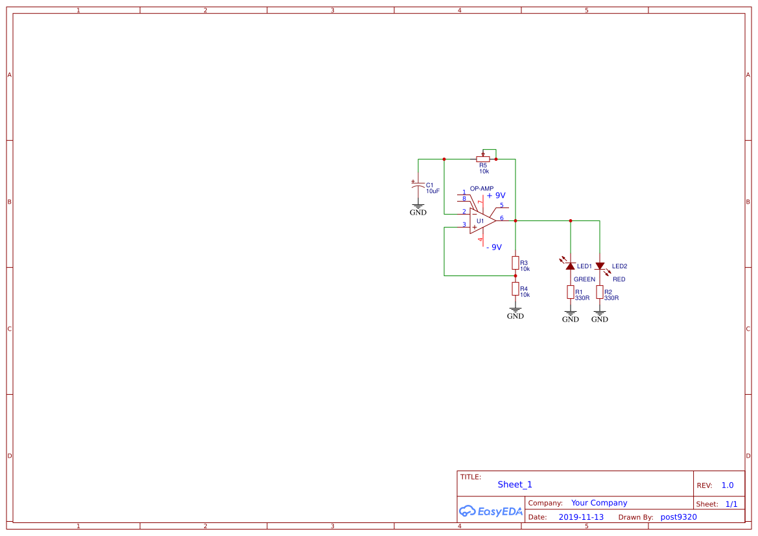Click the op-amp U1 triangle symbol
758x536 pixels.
click(481, 220)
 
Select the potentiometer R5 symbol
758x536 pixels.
click(483, 159)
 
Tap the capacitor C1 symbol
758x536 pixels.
click(418, 186)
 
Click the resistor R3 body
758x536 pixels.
click(515, 262)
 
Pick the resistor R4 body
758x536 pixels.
click(515, 288)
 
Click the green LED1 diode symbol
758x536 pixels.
click(571, 266)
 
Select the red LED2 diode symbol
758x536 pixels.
click(600, 266)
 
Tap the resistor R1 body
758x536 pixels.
click(571, 292)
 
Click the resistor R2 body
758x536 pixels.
click(600, 292)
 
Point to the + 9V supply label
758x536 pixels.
click(496, 195)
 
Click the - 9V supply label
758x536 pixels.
click(494, 247)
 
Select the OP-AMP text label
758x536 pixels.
click(482, 189)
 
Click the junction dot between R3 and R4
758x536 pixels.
click(515, 275)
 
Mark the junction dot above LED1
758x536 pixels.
click(571, 220)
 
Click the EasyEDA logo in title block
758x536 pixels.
click(490, 511)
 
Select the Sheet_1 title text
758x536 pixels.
click(515, 484)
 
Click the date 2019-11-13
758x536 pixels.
click(581, 517)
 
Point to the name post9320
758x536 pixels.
click(678, 517)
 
